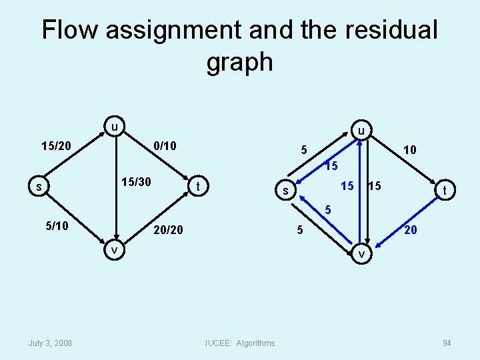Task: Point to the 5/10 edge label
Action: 57,227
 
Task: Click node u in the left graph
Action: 115,126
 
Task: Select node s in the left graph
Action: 39,187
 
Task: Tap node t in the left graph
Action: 197,187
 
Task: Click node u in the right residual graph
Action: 360,131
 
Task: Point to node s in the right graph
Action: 285,192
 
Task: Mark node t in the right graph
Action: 444,191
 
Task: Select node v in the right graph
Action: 361,255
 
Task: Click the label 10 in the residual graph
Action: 409,150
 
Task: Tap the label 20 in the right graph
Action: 411,230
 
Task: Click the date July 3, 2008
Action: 51,343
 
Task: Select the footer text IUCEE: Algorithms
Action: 240,343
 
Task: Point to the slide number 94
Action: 446,343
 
